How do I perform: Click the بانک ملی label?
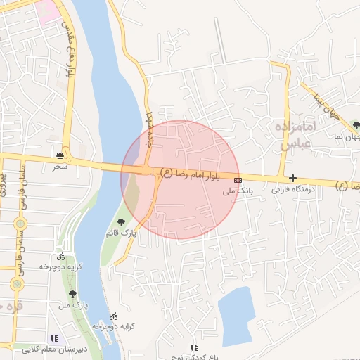click(x=237, y=191)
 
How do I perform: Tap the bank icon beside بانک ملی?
click(x=238, y=179)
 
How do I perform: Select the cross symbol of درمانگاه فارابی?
click(x=292, y=179)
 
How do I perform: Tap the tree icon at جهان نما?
click(x=356, y=125)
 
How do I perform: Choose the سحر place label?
click(x=60, y=167)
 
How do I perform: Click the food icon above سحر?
click(x=60, y=155)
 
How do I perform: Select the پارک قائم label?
click(x=121, y=232)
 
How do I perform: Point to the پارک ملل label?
click(x=72, y=306)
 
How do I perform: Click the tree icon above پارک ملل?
click(x=72, y=295)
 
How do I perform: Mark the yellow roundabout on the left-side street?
click(x=18, y=284)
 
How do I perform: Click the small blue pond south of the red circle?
click(x=235, y=316)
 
